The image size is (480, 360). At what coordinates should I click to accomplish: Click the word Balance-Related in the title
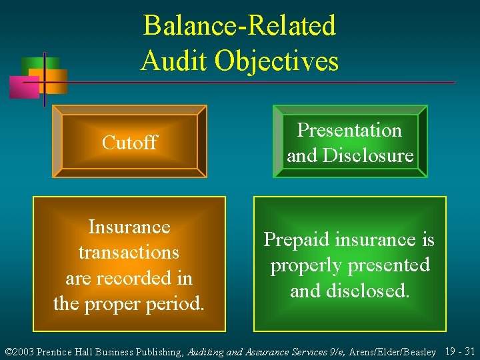click(x=239, y=27)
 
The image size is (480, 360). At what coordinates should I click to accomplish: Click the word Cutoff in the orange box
click(x=129, y=142)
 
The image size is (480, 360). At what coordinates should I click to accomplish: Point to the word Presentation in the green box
click(x=349, y=130)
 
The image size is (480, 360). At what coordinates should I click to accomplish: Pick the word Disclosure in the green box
click(x=369, y=155)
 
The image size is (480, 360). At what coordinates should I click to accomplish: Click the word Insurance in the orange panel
click(x=129, y=227)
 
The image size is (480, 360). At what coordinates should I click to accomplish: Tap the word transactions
click(x=129, y=253)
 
